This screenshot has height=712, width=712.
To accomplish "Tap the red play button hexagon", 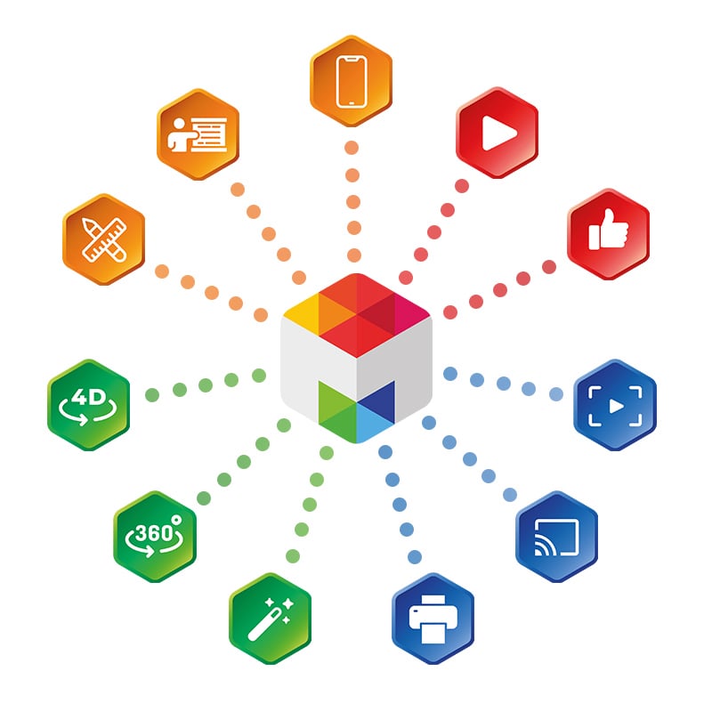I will click(496, 133).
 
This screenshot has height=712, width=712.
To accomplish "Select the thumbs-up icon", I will click(609, 233).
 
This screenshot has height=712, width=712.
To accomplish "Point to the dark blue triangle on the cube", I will click(378, 400).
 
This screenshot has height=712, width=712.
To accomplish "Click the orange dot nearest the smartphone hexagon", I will click(352, 148).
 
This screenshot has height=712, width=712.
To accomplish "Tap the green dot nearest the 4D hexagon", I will click(152, 392).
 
